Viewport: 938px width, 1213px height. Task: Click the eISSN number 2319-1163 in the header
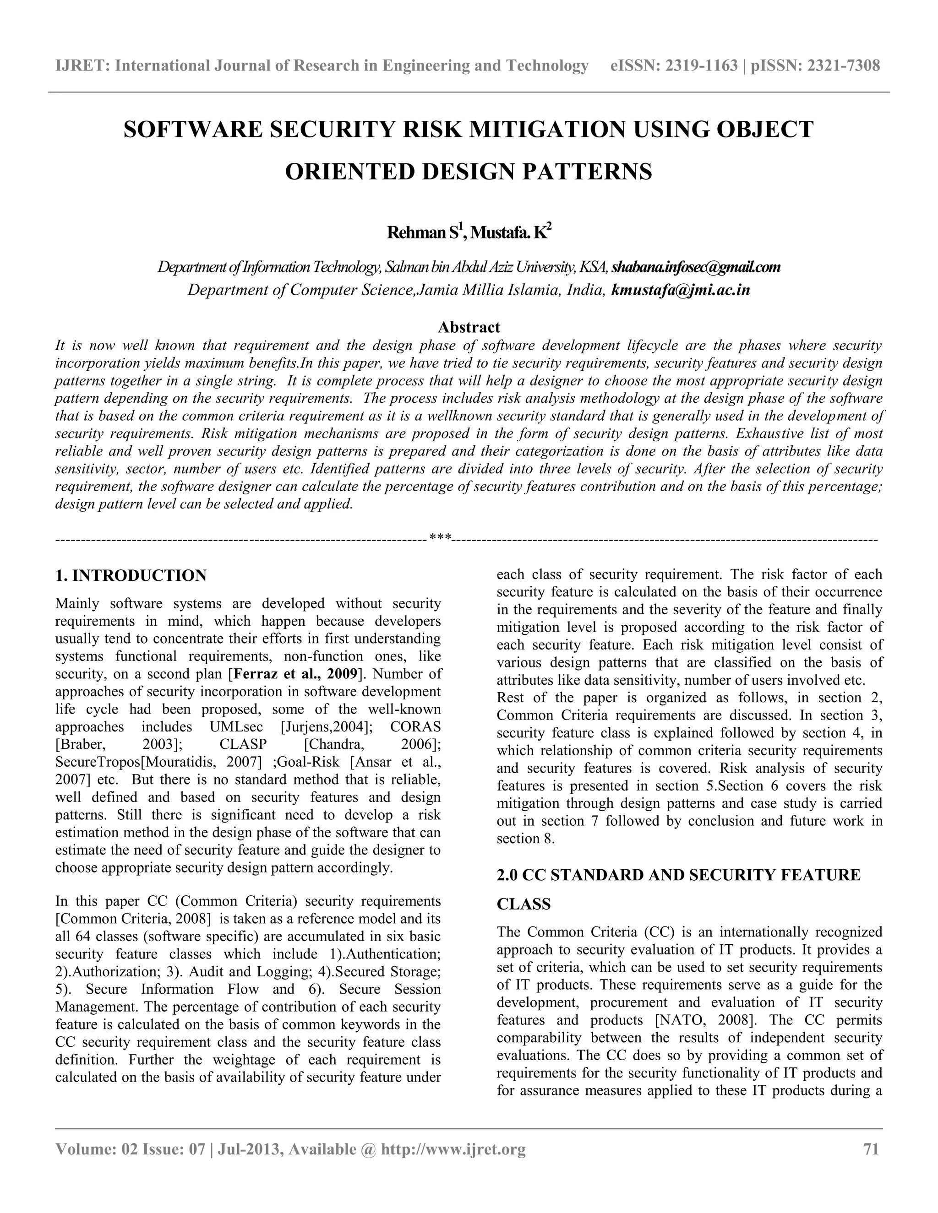point(701,66)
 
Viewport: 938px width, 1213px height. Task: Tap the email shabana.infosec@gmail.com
point(696,267)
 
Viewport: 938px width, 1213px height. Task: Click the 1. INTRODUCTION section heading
point(131,575)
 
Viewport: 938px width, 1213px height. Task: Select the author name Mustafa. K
point(509,233)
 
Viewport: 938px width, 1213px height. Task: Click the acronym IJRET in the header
point(82,66)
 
